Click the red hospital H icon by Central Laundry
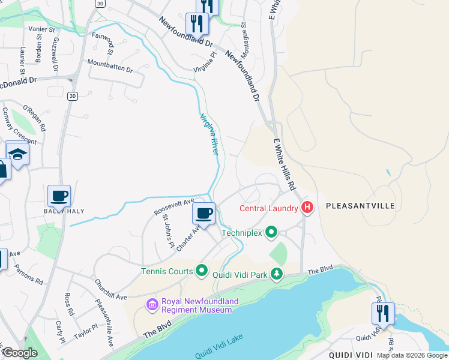[307, 208]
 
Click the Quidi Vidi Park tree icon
[276, 274]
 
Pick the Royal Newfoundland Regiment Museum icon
[152, 305]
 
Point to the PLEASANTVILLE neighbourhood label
[360, 206]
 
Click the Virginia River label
[209, 134]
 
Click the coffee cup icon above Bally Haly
[59, 196]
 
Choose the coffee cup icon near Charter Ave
[204, 213]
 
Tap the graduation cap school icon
[18, 154]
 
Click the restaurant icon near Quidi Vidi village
[382, 313]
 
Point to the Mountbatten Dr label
[110, 66]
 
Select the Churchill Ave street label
[110, 289]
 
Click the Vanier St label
[41, 28]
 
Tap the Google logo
[20, 353]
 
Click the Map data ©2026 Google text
[411, 355]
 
